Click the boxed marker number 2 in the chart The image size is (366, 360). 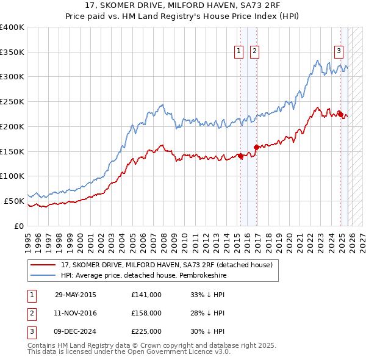click(x=254, y=52)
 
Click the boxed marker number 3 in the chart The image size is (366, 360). click(x=339, y=52)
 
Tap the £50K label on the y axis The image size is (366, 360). click(x=15, y=200)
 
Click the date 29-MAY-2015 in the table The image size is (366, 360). click(x=76, y=295)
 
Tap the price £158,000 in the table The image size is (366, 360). click(x=146, y=313)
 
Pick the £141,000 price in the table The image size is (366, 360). click(x=146, y=295)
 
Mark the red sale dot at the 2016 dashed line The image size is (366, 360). click(x=256, y=147)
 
